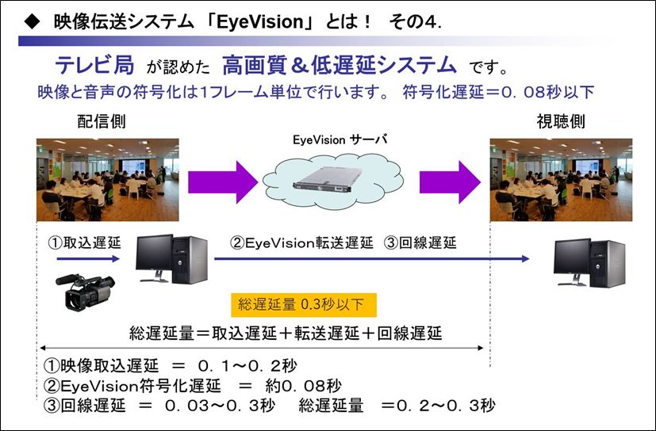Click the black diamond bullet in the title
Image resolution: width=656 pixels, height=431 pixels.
click(32, 21)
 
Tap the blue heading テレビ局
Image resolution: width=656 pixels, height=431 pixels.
click(95, 66)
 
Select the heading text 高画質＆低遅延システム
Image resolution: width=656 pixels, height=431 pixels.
click(340, 66)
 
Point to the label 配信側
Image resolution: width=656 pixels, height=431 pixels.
click(102, 122)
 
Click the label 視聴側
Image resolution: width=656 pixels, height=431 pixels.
click(561, 122)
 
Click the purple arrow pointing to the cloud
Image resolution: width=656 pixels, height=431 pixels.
click(223, 182)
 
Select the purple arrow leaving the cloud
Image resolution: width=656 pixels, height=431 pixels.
click(451, 182)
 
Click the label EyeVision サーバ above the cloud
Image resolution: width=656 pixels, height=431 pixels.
click(340, 139)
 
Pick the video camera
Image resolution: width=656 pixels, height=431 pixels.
click(86, 292)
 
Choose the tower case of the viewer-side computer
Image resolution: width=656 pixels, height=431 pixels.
click(608, 263)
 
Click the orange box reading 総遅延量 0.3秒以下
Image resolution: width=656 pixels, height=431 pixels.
click(304, 305)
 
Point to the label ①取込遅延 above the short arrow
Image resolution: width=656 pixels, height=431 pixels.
click(85, 242)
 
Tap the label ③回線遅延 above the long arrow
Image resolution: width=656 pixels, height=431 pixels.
click(420, 242)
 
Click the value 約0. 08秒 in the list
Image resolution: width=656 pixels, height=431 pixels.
click(303, 385)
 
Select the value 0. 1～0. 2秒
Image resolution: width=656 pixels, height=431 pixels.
click(247, 366)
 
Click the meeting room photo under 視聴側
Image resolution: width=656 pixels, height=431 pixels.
click(561, 180)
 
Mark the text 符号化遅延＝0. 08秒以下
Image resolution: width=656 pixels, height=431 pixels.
click(498, 92)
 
